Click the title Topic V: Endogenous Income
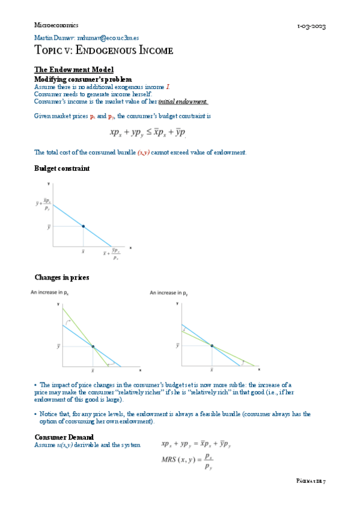coord(103,51)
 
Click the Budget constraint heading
coord(62,168)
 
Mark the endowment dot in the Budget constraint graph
coord(83,226)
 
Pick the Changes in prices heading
coord(62,277)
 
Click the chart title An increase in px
coord(51,293)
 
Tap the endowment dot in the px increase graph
coord(93,346)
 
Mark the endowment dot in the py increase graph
coord(212,345)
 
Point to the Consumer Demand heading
coord(64,437)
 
